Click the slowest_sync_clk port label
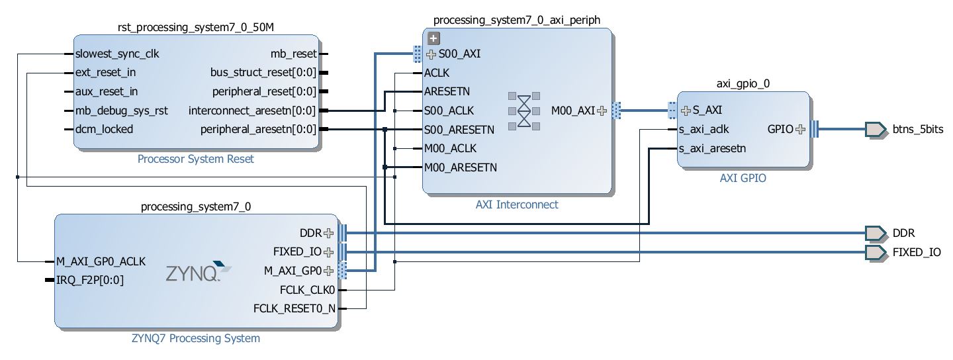pyautogui.click(x=117, y=54)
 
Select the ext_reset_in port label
pyautogui.click(x=106, y=72)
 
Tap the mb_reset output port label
pyautogui.click(x=294, y=54)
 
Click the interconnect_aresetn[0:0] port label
pyautogui.click(x=252, y=111)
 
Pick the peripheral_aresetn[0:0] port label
pyautogui.click(x=258, y=129)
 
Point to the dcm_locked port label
pyautogui.click(x=104, y=129)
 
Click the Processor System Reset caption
pyautogui.click(x=195, y=159)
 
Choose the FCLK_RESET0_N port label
pyautogui.click(x=295, y=308)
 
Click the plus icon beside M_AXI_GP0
pyautogui.click(x=328, y=271)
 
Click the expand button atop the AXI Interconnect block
pyautogui.click(x=434, y=38)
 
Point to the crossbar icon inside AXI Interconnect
pyautogui.click(x=523, y=110)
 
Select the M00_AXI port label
pyautogui.click(x=573, y=111)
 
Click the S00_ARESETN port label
pyautogui.click(x=459, y=129)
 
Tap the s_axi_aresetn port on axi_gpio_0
pyautogui.click(x=712, y=149)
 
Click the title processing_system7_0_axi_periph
pyautogui.click(x=517, y=20)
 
